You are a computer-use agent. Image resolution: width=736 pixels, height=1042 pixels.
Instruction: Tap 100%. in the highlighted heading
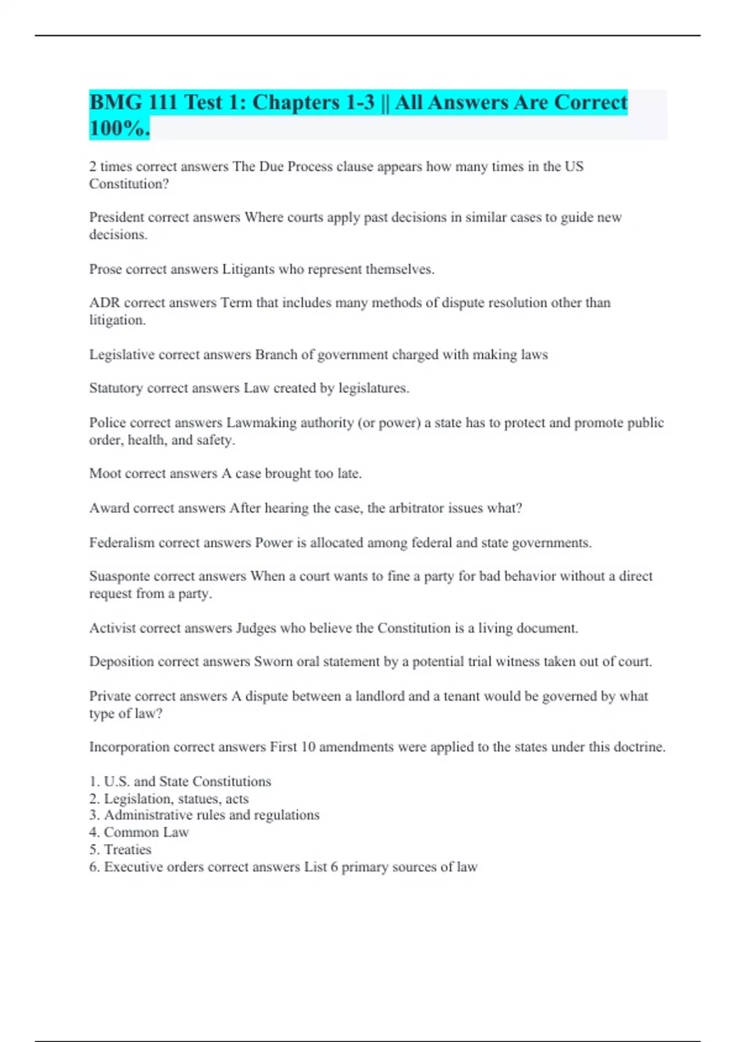119,128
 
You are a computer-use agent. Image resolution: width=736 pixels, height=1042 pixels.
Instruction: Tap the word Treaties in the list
128,850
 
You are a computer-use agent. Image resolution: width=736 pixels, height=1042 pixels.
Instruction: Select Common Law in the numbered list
146,832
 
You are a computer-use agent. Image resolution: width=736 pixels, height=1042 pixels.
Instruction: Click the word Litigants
248,269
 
